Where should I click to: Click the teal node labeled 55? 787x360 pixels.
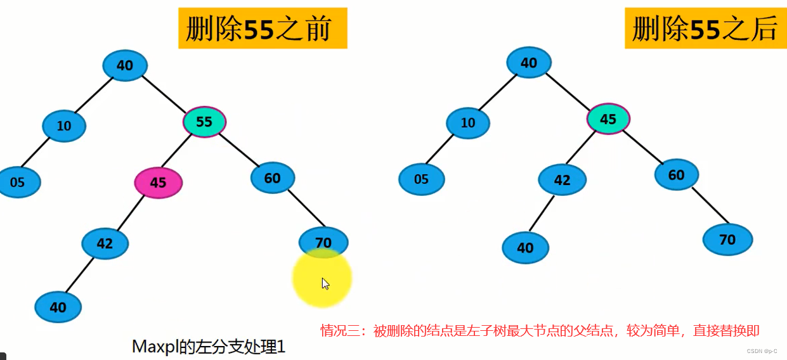pyautogui.click(x=204, y=122)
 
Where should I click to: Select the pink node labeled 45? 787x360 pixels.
pyautogui.click(x=158, y=183)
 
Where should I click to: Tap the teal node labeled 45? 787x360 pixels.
pyautogui.click(x=608, y=119)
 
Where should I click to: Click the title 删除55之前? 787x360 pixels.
pyautogui.click(x=263, y=29)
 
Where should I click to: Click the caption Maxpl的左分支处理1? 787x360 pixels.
pyautogui.click(x=209, y=346)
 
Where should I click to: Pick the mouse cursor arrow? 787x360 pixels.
pyautogui.click(x=325, y=283)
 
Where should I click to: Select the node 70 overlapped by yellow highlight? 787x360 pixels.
pyautogui.click(x=323, y=241)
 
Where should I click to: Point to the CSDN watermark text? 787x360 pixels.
pyautogui.click(x=762, y=350)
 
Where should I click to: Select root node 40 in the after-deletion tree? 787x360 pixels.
pyautogui.click(x=528, y=62)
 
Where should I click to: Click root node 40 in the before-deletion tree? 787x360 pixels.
pyautogui.click(x=124, y=65)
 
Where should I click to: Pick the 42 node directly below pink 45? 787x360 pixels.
pyautogui.click(x=105, y=243)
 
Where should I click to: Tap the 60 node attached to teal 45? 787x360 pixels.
pyautogui.click(x=676, y=174)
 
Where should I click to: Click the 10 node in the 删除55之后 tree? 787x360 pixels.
pyautogui.click(x=467, y=122)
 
